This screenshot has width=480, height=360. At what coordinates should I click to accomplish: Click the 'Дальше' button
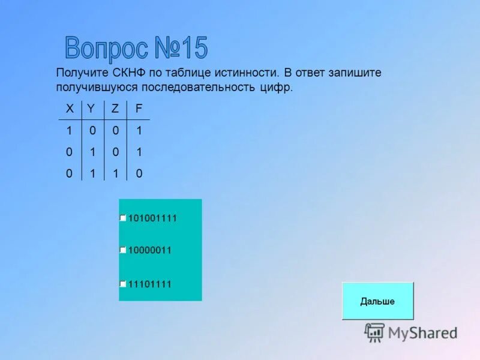click(x=377, y=301)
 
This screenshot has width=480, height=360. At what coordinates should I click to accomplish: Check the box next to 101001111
click(x=122, y=218)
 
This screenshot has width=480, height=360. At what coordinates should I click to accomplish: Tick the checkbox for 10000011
click(x=122, y=250)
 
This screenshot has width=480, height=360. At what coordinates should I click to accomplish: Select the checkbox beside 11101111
click(x=122, y=284)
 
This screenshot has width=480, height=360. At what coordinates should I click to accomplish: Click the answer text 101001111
click(x=152, y=218)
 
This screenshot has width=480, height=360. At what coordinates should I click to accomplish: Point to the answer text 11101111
click(x=150, y=284)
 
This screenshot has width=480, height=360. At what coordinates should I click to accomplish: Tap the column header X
click(x=70, y=109)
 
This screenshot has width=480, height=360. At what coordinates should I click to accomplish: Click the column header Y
click(x=91, y=109)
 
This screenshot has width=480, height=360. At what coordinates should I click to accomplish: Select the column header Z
click(x=115, y=109)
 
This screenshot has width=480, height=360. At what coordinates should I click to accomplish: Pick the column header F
click(x=139, y=109)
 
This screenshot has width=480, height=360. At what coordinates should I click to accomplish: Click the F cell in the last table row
click(x=139, y=174)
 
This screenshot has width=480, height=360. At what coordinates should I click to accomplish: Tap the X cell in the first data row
click(x=70, y=130)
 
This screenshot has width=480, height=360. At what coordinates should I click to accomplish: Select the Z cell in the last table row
click(x=115, y=174)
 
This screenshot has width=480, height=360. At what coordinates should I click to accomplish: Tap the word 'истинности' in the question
click(x=250, y=73)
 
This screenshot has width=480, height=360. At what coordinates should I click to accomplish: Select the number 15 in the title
click(x=192, y=48)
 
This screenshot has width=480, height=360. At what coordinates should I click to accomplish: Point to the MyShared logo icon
click(x=374, y=332)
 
